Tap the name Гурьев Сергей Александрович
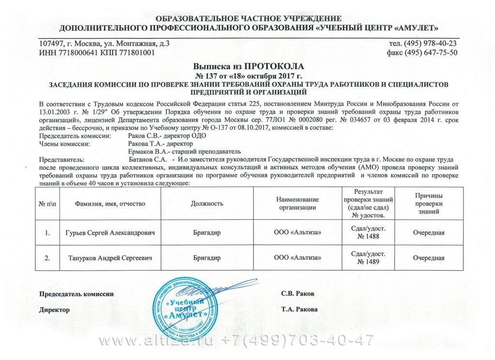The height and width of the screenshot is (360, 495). [111, 233]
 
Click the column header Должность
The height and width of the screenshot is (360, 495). [207, 204]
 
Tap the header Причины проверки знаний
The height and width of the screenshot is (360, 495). [429, 203]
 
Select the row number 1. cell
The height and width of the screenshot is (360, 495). [47, 233]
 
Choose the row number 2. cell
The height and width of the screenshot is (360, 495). [47, 258]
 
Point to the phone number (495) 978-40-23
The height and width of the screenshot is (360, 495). [428, 44]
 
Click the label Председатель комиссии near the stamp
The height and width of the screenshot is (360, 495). [76, 294]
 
